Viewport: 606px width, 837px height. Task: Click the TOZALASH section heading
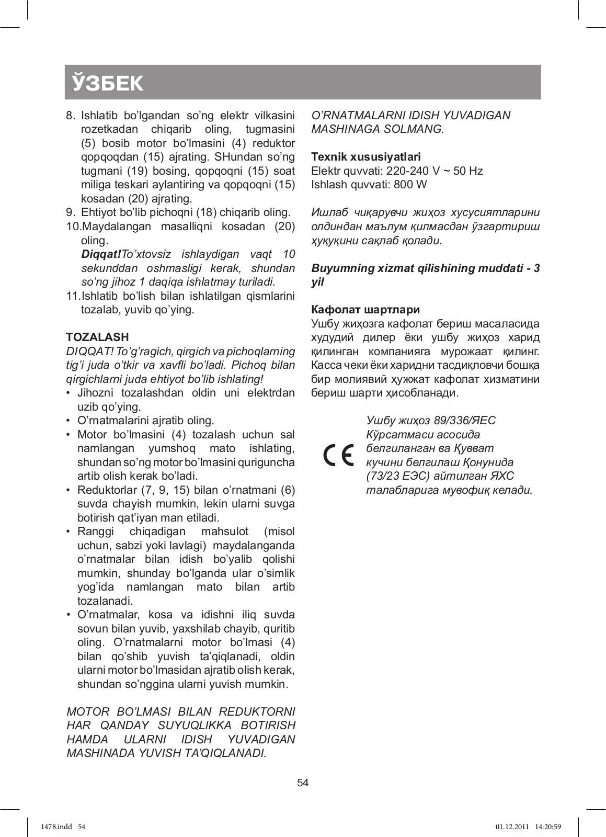point(97,337)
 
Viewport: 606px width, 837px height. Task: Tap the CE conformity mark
point(338,455)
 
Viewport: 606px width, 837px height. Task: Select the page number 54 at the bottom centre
point(303,783)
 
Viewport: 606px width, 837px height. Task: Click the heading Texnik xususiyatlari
point(365,156)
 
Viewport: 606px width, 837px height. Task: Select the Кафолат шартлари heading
point(365,310)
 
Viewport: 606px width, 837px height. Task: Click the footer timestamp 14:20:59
point(547,827)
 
